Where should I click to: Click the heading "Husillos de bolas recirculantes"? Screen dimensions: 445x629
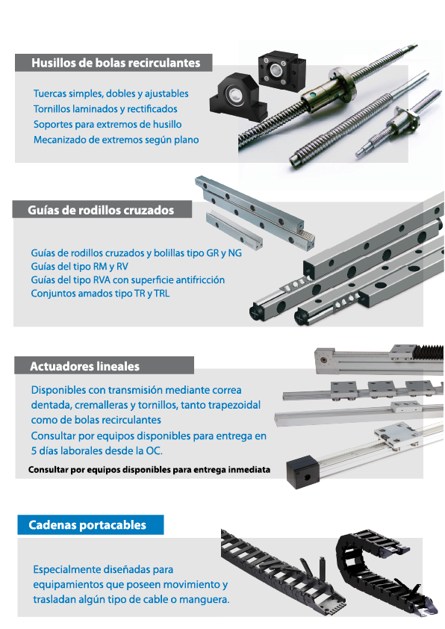click(116, 63)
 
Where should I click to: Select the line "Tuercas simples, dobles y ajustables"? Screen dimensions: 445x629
click(111, 93)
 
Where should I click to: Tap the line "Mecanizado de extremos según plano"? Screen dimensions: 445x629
click(116, 140)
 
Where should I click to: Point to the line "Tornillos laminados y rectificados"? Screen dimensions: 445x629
click(105, 109)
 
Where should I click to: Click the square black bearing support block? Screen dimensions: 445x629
click(281, 70)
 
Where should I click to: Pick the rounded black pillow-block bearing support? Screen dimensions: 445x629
click(238, 97)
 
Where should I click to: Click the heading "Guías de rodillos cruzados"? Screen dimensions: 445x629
click(101, 210)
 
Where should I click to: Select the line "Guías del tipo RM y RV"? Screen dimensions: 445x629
click(79, 267)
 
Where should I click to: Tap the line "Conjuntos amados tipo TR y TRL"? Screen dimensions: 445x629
click(100, 294)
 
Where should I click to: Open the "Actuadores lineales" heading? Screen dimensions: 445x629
click(84, 366)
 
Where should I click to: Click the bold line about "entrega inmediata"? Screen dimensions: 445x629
click(149, 470)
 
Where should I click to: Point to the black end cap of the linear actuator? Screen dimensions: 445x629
click(302, 472)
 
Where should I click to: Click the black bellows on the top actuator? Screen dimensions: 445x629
click(428, 352)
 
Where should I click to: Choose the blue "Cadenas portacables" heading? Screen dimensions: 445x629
click(87, 525)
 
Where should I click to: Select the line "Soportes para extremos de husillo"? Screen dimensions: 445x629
click(108, 124)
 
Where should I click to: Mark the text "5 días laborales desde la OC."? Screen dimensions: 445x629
click(97, 451)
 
